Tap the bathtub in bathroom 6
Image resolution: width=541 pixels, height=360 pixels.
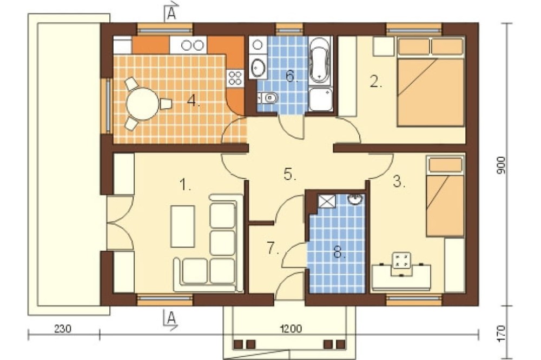click(320, 61)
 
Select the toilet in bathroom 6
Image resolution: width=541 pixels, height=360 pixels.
click(268, 98)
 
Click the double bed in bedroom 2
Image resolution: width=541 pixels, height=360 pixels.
click(430, 82)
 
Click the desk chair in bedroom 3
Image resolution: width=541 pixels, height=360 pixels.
click(401, 264)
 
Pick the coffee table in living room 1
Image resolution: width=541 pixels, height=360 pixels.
click(182, 226)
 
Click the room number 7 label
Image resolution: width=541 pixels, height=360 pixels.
click(273, 248)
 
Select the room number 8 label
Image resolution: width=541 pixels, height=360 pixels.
click(340, 253)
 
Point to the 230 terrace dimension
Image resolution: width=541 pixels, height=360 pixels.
click(63, 329)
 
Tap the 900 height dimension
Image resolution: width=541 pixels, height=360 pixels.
click(501, 165)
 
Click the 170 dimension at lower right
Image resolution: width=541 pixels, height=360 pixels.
click(501, 333)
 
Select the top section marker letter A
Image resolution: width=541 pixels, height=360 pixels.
click(171, 14)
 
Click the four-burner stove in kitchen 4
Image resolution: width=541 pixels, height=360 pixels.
click(235, 78)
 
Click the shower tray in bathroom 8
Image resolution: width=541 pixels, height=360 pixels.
click(326, 201)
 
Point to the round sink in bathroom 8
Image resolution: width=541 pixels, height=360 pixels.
click(355, 199)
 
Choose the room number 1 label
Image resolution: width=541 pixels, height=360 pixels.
click(185, 185)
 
